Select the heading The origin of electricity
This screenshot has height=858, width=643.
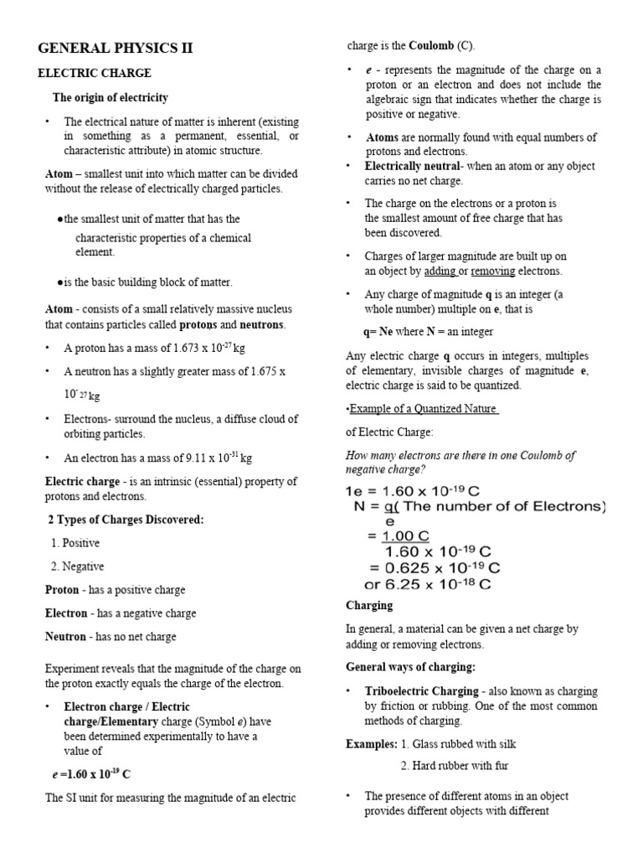pyautogui.click(x=111, y=98)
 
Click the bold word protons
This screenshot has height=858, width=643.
pyautogui.click(x=198, y=324)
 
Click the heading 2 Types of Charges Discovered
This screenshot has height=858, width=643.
pyautogui.click(x=126, y=519)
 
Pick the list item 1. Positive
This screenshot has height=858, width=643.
pyautogui.click(x=75, y=543)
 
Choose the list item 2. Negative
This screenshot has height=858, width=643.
pyautogui.click(x=77, y=566)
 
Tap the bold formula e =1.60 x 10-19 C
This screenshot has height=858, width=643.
pyautogui.click(x=92, y=774)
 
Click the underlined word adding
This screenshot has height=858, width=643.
pyautogui.click(x=440, y=271)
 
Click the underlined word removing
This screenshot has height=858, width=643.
pyautogui.click(x=492, y=271)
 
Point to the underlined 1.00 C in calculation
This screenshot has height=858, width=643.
pyautogui.click(x=406, y=536)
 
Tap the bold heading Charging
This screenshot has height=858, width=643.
pyautogui.click(x=369, y=605)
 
